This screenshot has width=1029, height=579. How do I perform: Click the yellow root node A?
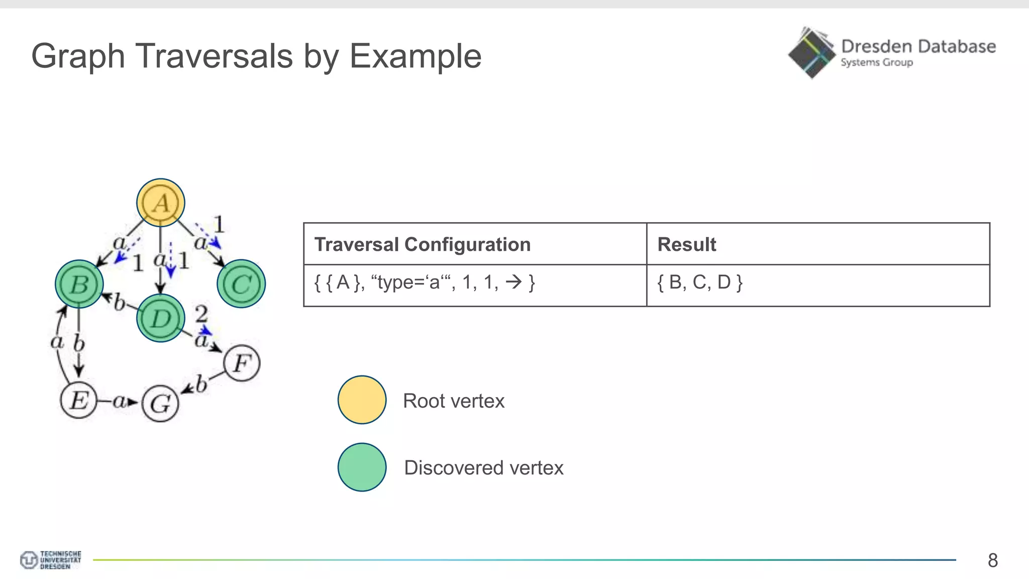coord(161,203)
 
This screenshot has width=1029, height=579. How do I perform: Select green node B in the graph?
coord(79,284)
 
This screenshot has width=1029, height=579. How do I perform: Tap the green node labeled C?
coord(241,284)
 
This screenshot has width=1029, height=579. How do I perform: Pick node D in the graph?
coord(161,318)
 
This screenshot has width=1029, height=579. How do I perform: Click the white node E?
coord(78,401)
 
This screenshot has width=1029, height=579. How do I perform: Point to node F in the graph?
coord(242,363)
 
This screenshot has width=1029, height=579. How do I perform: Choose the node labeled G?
coord(160,404)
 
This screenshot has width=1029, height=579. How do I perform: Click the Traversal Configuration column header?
coord(422,244)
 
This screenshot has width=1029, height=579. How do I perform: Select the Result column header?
coord(686,244)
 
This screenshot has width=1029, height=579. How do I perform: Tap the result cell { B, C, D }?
coord(699,282)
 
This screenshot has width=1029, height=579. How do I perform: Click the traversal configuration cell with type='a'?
coord(425,282)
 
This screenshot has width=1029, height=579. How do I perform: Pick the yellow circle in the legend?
coord(362,400)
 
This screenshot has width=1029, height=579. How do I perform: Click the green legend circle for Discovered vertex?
coord(362,467)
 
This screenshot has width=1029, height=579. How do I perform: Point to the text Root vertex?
coord(453,401)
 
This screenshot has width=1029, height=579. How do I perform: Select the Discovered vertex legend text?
coord(483,468)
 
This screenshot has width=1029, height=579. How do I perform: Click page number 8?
coord(992,560)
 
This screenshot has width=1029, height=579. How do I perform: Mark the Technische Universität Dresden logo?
coord(50,559)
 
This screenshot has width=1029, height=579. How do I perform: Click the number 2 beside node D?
coord(201,314)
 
